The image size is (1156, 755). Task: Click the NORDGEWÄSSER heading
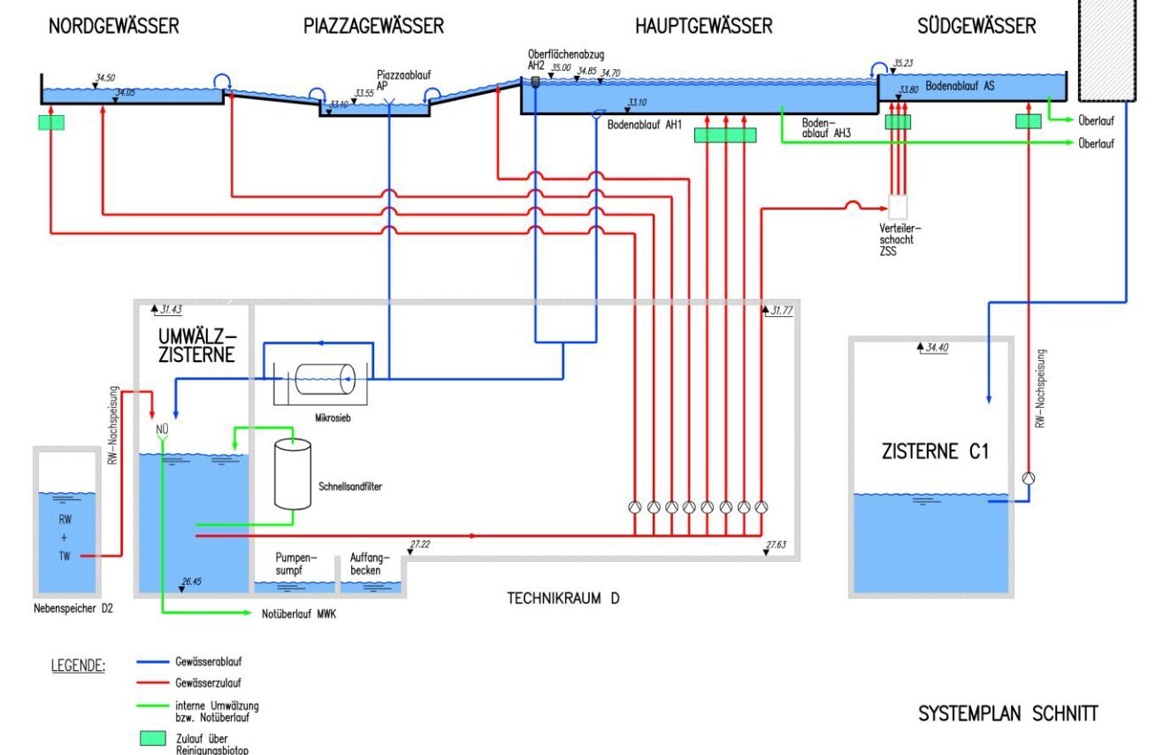[113, 27]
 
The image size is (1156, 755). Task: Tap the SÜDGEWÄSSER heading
[976, 27]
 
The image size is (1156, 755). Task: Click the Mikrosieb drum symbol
[324, 381]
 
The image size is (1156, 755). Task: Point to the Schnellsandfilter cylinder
[293, 474]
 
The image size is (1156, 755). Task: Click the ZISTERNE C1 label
[934, 452]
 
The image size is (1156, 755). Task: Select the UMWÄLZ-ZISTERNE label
[196, 346]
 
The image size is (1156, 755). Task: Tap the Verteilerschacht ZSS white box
[899, 207]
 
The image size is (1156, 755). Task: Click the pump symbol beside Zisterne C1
[1028, 478]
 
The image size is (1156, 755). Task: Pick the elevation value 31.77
[782, 311]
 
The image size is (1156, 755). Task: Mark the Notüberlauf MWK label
[299, 613]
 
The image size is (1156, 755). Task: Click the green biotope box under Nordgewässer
[53, 123]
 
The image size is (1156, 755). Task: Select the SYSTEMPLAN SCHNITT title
[1008, 713]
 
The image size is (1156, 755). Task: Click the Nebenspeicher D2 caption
[71, 610]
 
